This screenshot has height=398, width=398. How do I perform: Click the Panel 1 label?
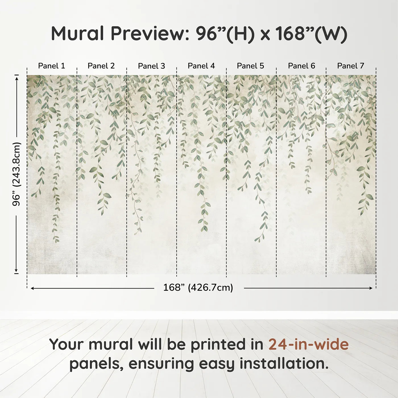[x=51, y=66]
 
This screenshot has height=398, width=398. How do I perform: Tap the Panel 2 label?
[x=101, y=66]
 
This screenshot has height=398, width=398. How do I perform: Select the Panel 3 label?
[x=151, y=66]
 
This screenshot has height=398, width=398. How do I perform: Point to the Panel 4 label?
[x=201, y=66]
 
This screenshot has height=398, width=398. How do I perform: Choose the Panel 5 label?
[x=250, y=66]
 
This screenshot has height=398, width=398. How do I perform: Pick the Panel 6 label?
[x=301, y=66]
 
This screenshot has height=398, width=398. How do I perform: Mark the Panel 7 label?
[x=351, y=66]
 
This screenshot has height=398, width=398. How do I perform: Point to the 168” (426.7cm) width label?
[x=198, y=288]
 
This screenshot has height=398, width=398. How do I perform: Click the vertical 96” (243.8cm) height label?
[x=16, y=174]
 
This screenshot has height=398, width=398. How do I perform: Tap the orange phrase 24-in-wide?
[x=308, y=345]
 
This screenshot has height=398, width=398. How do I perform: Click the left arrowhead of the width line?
[x=32, y=288]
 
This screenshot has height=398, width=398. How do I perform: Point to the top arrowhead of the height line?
[x=16, y=78]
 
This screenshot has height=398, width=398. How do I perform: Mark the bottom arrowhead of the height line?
[x=16, y=271]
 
